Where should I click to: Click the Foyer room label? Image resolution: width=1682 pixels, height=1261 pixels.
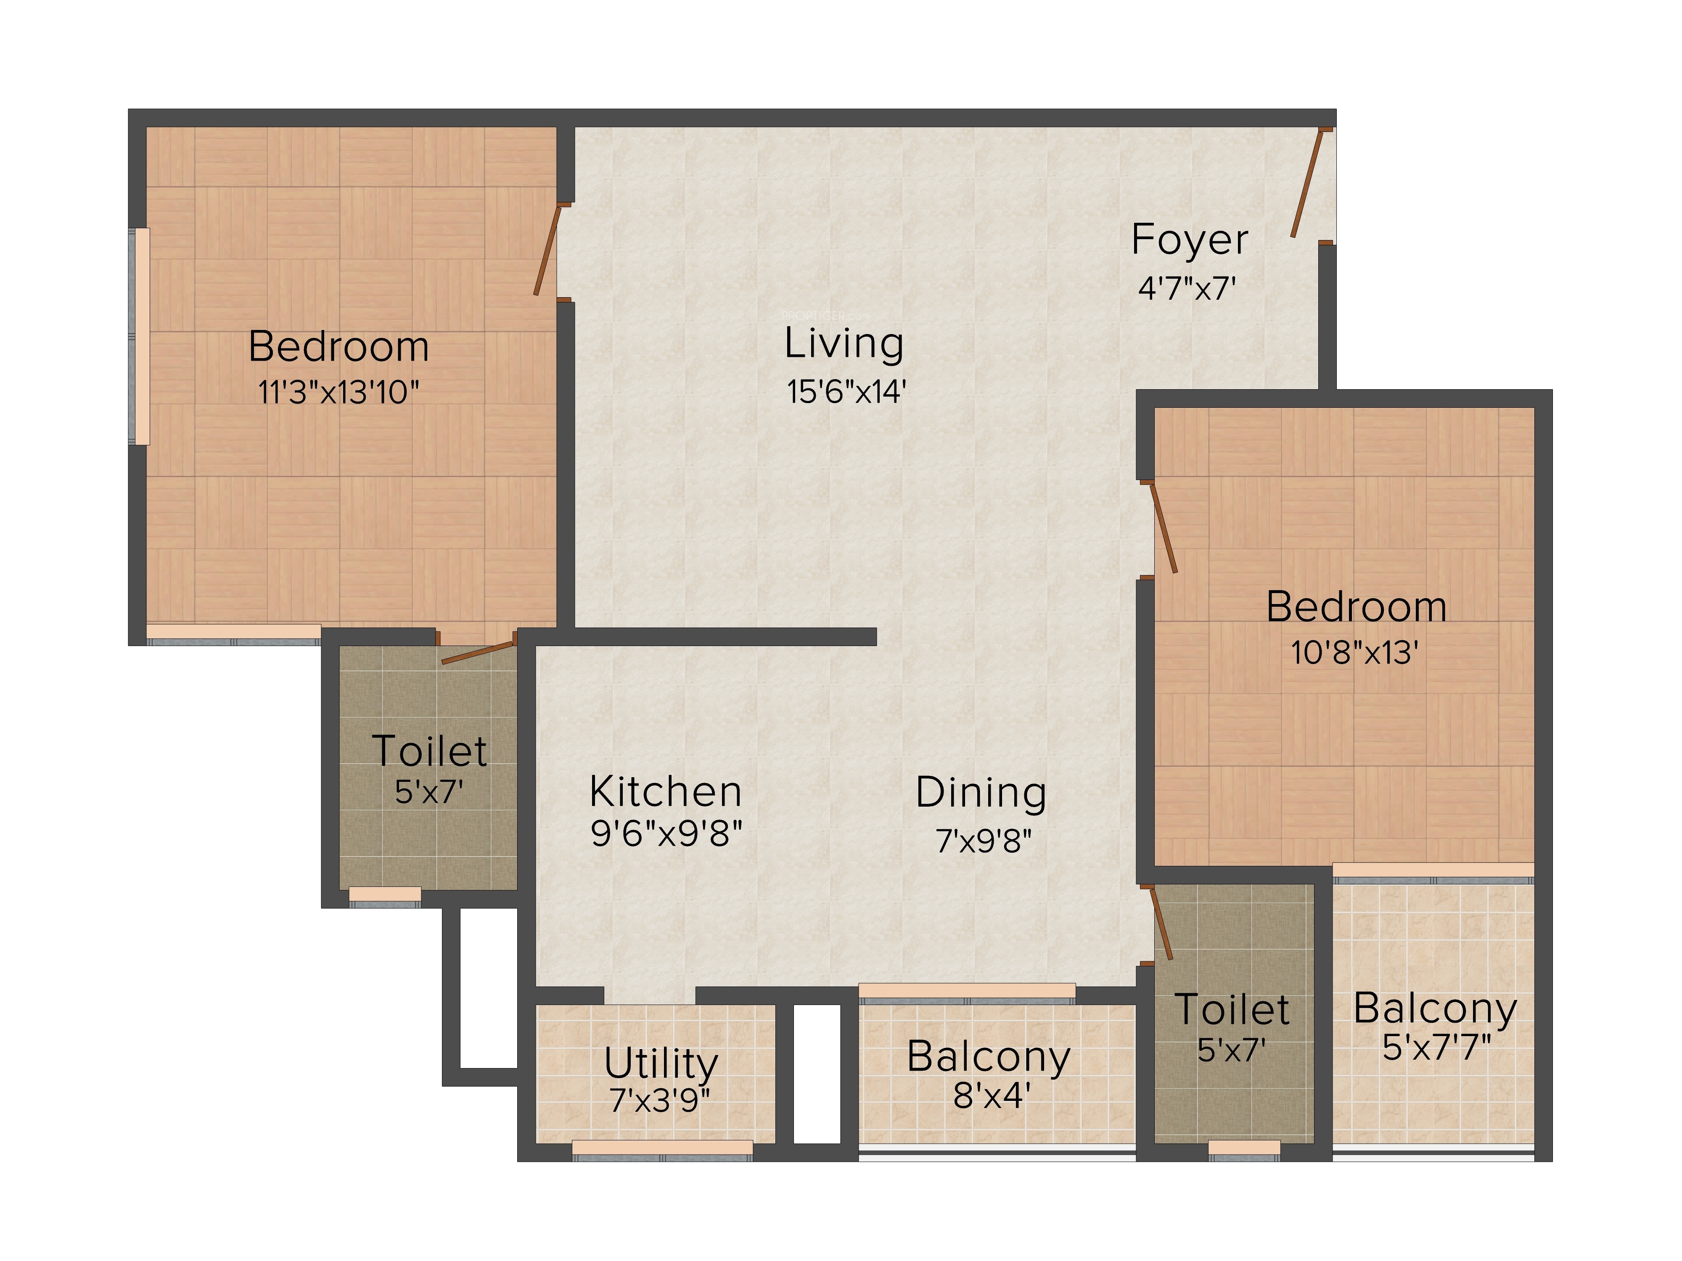point(1189,240)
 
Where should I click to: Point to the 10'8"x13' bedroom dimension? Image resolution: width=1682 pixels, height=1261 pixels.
point(1354,652)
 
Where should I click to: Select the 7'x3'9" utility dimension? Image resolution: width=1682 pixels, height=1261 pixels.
point(660,1100)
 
